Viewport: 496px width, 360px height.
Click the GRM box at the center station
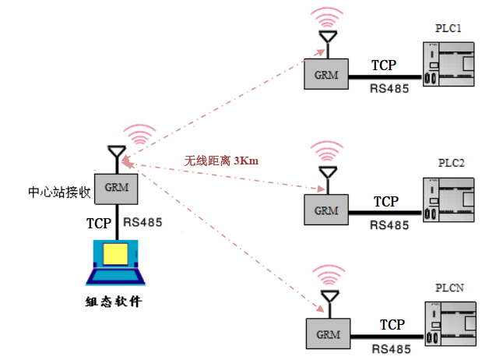point(116,189)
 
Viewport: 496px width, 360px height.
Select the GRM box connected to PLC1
point(326,74)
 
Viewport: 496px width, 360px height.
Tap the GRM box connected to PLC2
point(326,210)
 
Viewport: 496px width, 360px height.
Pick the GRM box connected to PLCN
point(328,334)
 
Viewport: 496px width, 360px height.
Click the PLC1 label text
point(449,28)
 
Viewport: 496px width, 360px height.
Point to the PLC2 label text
point(451,163)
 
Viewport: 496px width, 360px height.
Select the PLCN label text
point(449,288)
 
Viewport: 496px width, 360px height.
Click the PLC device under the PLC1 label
point(449,64)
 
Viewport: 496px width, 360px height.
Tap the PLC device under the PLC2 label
point(449,199)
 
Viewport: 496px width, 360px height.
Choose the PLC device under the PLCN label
point(450,324)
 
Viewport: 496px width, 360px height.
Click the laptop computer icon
point(115,263)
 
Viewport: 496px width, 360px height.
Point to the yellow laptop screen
point(115,254)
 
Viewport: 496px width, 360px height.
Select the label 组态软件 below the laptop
point(114,302)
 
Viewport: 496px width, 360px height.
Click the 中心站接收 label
point(59,192)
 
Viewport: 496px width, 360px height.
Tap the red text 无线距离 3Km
point(221,161)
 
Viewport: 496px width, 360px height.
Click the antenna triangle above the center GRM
point(117,151)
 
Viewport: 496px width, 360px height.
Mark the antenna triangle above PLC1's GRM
point(328,37)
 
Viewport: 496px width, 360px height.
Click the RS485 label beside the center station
point(142,222)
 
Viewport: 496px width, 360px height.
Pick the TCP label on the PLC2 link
point(386,202)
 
